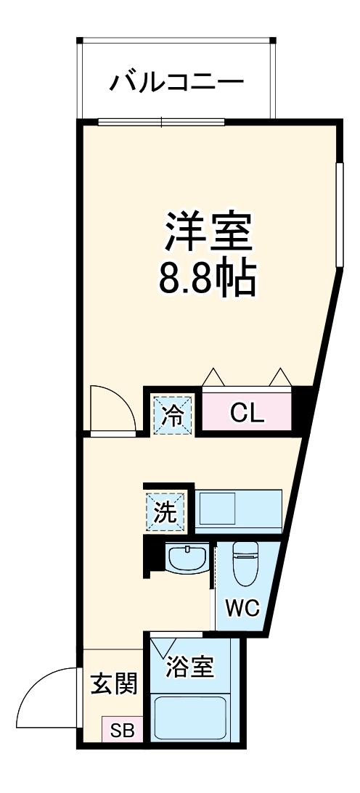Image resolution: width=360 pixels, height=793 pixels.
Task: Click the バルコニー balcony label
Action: pyautogui.click(x=176, y=83)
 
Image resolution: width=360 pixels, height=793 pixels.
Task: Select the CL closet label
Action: pyautogui.click(x=247, y=413)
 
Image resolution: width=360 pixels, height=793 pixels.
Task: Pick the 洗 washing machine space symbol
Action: pyautogui.click(x=166, y=512)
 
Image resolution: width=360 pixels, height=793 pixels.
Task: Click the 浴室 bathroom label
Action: pyautogui.click(x=190, y=667)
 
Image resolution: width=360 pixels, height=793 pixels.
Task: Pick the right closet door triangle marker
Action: pyautogui.click(x=279, y=377)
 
